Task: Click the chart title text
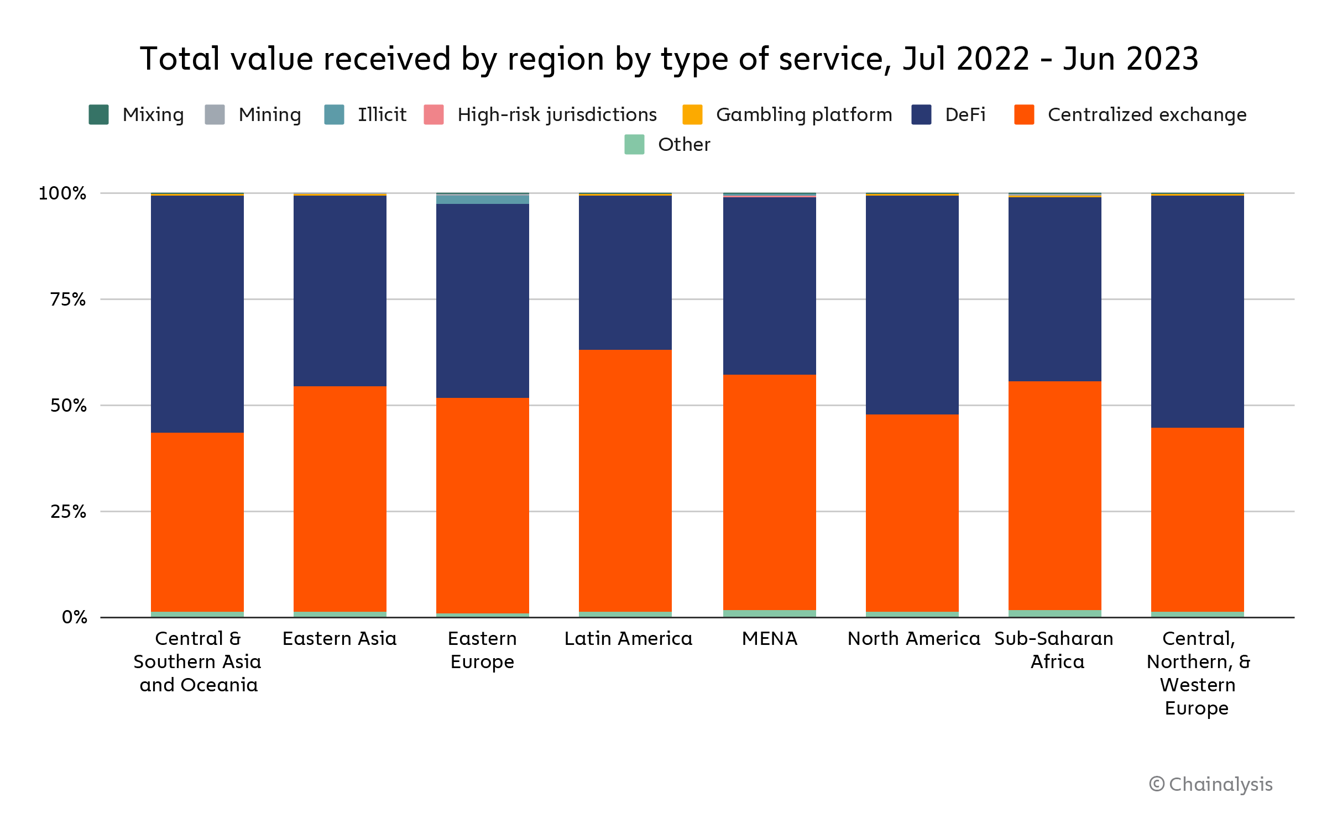click(669, 59)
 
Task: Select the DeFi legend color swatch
click(921, 114)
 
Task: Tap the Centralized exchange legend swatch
click(1024, 114)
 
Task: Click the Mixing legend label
click(153, 114)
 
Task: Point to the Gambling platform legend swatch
click(692, 114)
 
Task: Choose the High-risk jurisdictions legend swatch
click(433, 114)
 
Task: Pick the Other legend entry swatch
click(634, 144)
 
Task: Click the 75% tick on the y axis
click(68, 300)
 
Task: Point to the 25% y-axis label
click(68, 512)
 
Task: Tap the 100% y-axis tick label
click(62, 193)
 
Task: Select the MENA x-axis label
click(769, 639)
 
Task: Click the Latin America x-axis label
click(628, 639)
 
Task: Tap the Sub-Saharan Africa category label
click(1054, 650)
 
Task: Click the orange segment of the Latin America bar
click(625, 481)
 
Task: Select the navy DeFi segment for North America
click(912, 304)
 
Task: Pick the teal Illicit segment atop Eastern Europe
click(482, 199)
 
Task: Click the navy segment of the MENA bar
click(769, 286)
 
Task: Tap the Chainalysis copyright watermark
click(1210, 784)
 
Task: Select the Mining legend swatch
click(215, 114)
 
